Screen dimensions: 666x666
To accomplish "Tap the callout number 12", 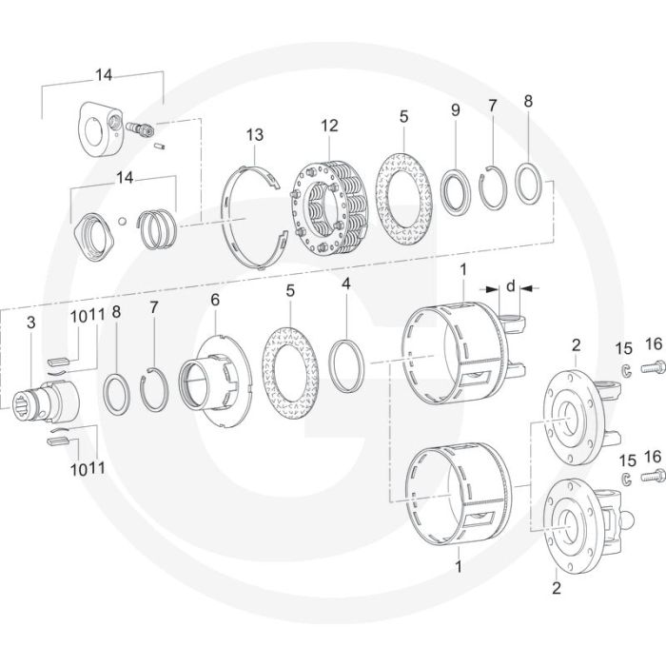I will tap(329, 126).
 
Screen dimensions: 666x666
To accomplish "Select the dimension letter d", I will tap(511, 285).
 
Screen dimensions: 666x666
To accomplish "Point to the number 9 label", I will tap(456, 111).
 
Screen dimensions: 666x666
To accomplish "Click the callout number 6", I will tap(215, 299).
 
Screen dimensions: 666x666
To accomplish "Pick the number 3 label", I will tap(31, 323).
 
